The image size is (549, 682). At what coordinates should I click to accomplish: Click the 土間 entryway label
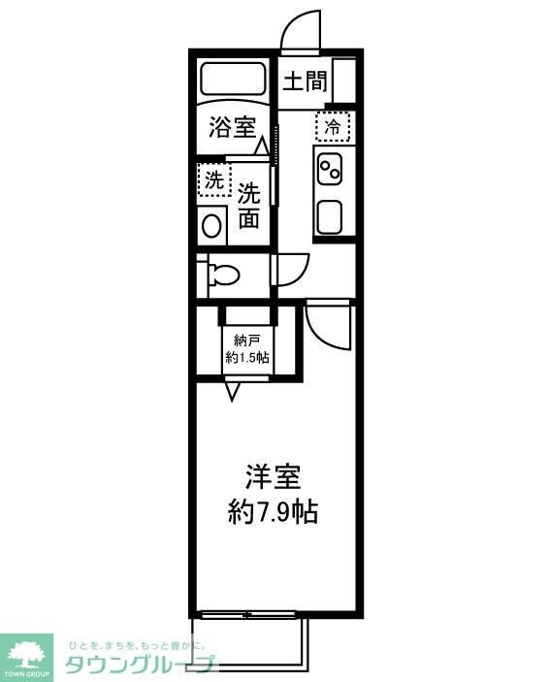click(304, 81)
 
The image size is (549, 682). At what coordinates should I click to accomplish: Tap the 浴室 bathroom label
click(233, 127)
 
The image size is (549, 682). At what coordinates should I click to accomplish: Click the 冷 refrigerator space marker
click(331, 126)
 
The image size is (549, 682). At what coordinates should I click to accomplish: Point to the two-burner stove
click(330, 170)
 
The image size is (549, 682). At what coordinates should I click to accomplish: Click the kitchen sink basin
click(330, 216)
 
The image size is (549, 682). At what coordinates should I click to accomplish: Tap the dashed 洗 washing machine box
click(212, 179)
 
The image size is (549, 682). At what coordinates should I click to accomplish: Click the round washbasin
click(210, 225)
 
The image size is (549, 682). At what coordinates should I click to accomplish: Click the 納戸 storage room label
click(247, 341)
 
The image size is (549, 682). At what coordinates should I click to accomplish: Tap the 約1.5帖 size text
click(247, 357)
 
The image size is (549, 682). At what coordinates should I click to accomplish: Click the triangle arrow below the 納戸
click(233, 391)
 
